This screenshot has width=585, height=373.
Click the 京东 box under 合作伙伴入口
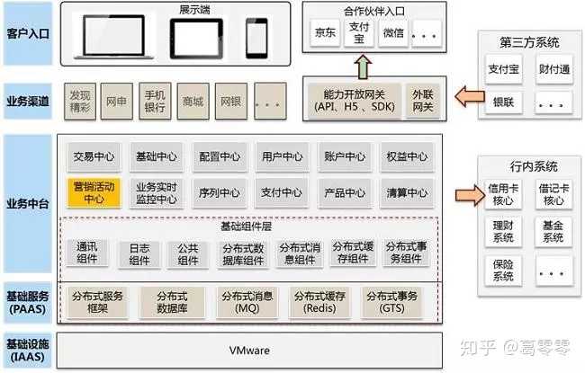click(x=325, y=33)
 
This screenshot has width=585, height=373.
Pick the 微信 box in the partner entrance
click(x=393, y=33)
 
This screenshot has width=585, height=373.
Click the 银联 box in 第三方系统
click(x=502, y=102)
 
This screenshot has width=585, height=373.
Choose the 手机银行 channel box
click(x=155, y=101)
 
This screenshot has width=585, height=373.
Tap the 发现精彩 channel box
click(x=79, y=101)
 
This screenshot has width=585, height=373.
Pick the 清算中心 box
click(x=406, y=192)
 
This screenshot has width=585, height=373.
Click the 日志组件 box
click(x=139, y=253)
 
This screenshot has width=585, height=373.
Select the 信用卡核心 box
click(x=502, y=195)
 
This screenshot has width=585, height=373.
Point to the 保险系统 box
click(x=502, y=271)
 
